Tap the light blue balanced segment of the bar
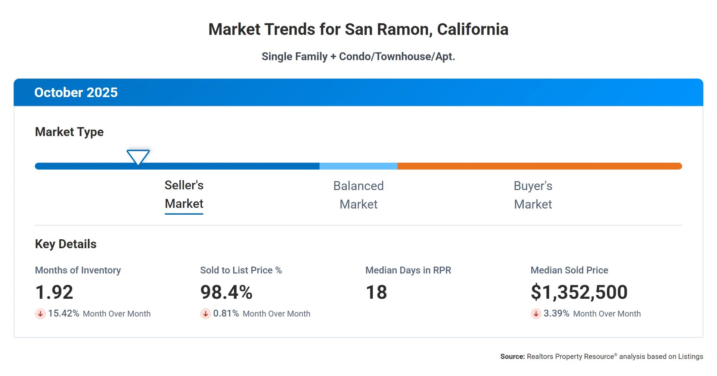click(358, 166)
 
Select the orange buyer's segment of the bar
click(539, 166)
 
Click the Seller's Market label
click(184, 195)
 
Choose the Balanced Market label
click(358, 195)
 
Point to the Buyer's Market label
click(533, 195)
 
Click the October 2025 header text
click(76, 93)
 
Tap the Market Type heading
click(69, 132)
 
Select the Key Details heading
click(66, 244)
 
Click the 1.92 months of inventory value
click(54, 292)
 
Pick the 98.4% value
click(226, 292)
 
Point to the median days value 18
click(376, 292)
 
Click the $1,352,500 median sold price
click(579, 292)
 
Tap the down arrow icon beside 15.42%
click(40, 314)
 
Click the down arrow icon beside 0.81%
click(205, 314)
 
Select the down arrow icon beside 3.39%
click(536, 314)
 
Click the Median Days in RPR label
click(408, 270)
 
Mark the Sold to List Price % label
click(241, 270)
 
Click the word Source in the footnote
click(512, 357)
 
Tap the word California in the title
click(472, 29)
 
